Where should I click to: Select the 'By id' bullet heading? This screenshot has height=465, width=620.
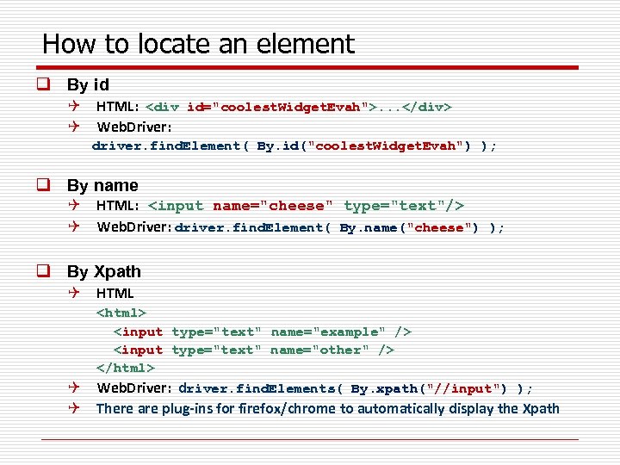(88, 85)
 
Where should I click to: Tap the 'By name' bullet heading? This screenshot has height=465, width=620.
(102, 185)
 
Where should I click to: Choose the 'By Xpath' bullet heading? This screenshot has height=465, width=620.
(104, 271)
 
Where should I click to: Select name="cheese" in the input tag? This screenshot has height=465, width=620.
(270, 206)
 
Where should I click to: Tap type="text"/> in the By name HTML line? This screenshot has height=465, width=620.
(404, 206)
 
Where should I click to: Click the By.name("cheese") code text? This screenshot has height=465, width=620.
(409, 228)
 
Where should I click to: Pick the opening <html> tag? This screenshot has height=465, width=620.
(121, 313)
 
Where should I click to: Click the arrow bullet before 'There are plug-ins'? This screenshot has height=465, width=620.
(76, 408)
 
